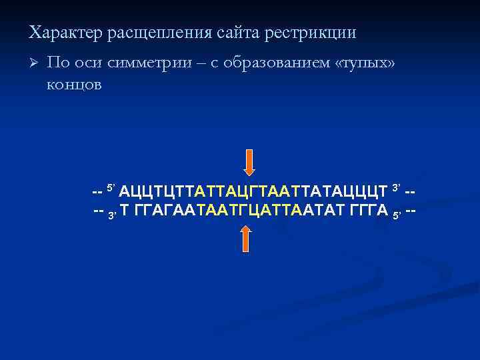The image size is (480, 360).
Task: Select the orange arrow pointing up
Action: (245, 238)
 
